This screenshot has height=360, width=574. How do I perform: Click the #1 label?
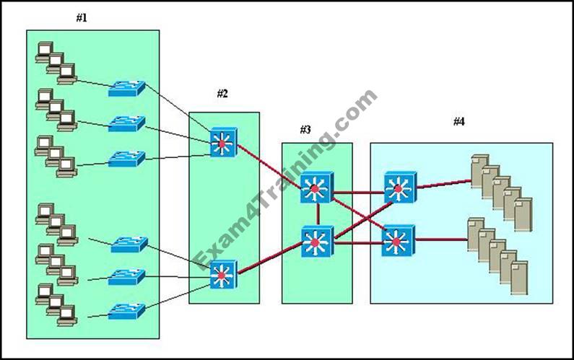[82, 18]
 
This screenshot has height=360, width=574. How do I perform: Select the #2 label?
[222, 94]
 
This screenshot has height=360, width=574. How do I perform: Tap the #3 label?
[305, 130]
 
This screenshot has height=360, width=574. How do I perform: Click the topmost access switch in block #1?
[126, 89]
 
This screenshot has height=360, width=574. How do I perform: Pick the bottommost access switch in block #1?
[128, 311]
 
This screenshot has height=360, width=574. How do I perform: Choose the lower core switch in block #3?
[318, 241]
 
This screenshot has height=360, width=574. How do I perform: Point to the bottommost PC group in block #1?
[56, 302]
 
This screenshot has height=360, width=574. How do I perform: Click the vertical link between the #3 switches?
[318, 214]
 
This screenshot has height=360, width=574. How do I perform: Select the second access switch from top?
[126, 123]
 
